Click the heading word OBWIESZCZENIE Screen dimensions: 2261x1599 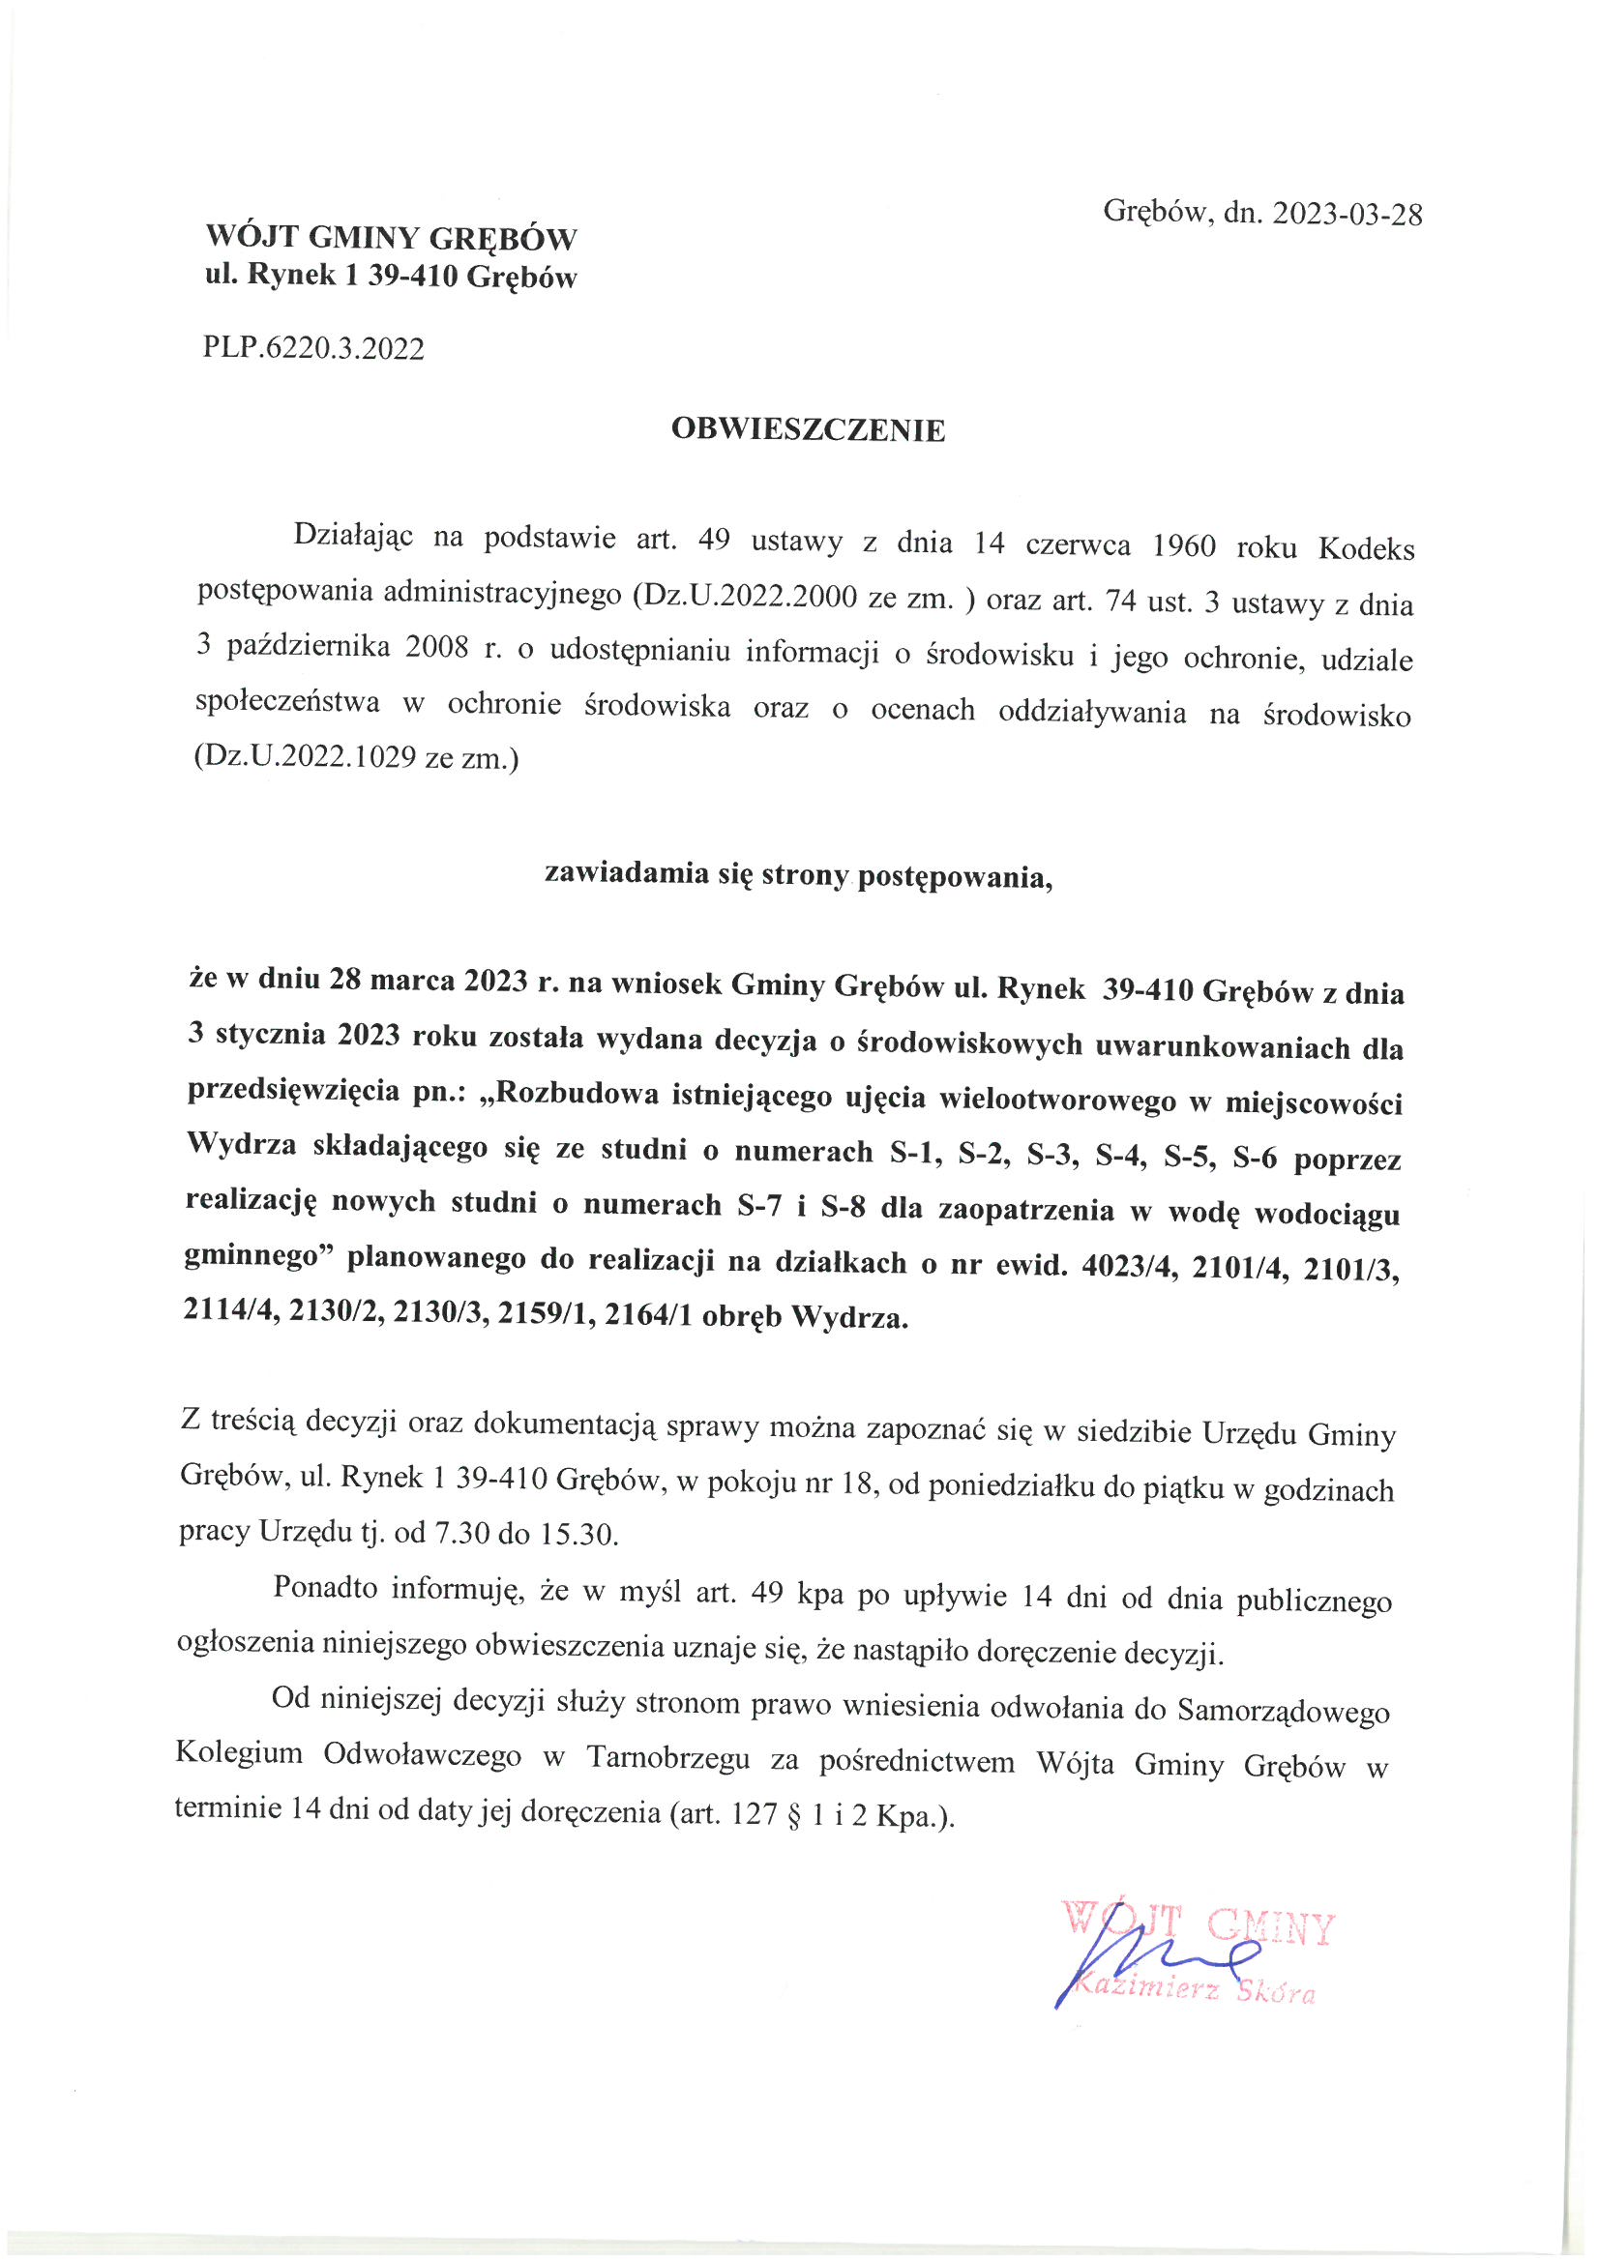pos(808,430)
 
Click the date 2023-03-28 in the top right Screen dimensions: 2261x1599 pos(1347,215)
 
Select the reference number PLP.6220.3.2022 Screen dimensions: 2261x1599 pos(313,348)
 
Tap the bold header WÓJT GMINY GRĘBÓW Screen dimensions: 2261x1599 pos(391,238)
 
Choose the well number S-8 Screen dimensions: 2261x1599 pos(843,1208)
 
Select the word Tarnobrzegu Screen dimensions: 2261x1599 pos(668,1759)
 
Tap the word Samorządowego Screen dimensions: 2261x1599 pos(1283,1712)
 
